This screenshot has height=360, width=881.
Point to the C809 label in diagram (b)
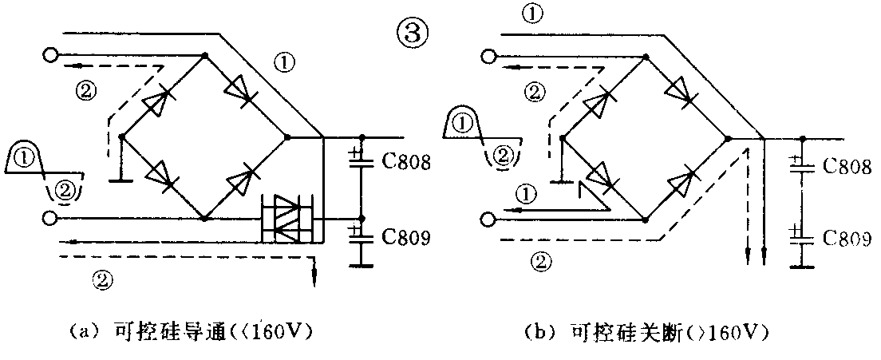[x=846, y=237]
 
